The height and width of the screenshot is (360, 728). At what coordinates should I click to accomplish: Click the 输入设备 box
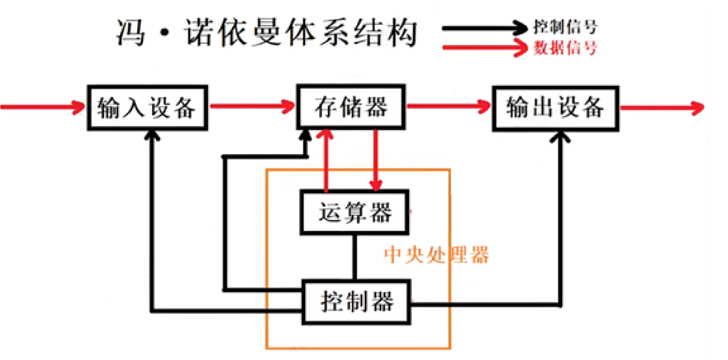point(147,108)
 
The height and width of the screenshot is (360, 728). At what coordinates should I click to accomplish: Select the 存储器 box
point(351,107)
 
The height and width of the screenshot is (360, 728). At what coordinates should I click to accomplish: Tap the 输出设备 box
point(555,108)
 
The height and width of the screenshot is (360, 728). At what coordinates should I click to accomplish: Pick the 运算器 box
point(354,212)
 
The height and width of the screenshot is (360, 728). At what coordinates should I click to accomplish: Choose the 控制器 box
point(356,302)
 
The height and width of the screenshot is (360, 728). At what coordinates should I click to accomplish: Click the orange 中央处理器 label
point(436,255)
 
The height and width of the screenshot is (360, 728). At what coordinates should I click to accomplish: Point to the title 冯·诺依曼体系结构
point(266,33)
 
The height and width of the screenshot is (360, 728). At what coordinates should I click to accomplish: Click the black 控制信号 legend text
point(565,27)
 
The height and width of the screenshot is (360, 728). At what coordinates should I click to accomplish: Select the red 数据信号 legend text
point(565,48)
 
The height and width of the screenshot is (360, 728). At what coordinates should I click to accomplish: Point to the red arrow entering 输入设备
point(43,107)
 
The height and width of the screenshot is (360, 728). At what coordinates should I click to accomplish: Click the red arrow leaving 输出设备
point(662,107)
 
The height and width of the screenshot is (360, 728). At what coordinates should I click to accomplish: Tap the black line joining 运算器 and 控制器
point(355,257)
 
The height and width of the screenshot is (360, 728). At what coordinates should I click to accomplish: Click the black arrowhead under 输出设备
point(560,137)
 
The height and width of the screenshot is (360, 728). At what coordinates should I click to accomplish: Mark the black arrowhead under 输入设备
point(152,136)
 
